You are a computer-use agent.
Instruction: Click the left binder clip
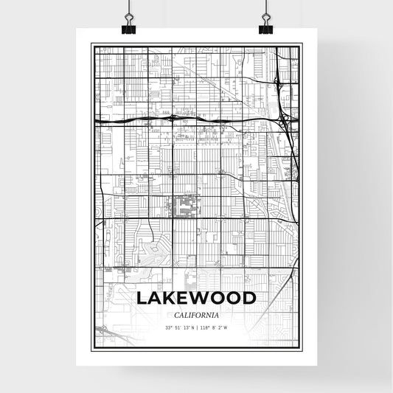point(130,27)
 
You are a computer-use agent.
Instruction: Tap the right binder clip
point(265,27)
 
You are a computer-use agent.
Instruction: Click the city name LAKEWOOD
point(196,299)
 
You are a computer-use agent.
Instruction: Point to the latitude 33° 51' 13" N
point(181,327)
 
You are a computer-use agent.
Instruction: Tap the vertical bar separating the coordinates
point(197,327)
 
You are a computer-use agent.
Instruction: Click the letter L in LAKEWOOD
point(141,299)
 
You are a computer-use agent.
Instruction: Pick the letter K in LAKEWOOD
point(173,299)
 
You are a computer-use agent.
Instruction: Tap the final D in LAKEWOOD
point(249,299)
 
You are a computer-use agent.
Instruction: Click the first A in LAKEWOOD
point(156,299)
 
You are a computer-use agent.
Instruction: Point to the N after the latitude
point(193,327)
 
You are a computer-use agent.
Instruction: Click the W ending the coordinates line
point(226,327)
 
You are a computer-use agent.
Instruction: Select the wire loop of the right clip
point(265,14)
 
